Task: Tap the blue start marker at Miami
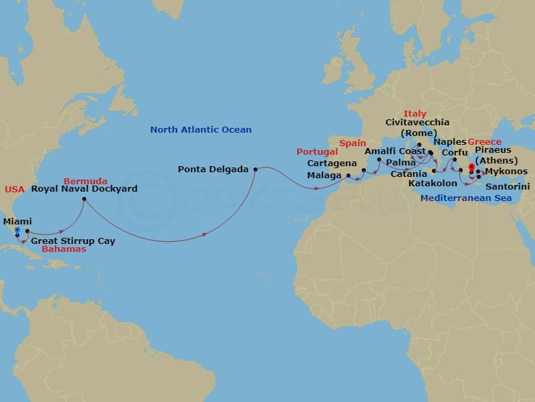(17, 230)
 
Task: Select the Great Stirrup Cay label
(73, 241)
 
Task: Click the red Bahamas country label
(64, 249)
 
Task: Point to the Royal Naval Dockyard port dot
(84, 199)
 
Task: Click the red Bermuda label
(85, 181)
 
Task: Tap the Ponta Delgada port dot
(255, 170)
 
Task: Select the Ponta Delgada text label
(213, 170)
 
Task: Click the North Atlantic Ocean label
(201, 129)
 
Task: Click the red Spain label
(352, 143)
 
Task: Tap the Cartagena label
(332, 163)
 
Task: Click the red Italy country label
(415, 114)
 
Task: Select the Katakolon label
(433, 183)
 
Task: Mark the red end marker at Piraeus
(471, 167)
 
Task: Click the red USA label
(14, 190)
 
